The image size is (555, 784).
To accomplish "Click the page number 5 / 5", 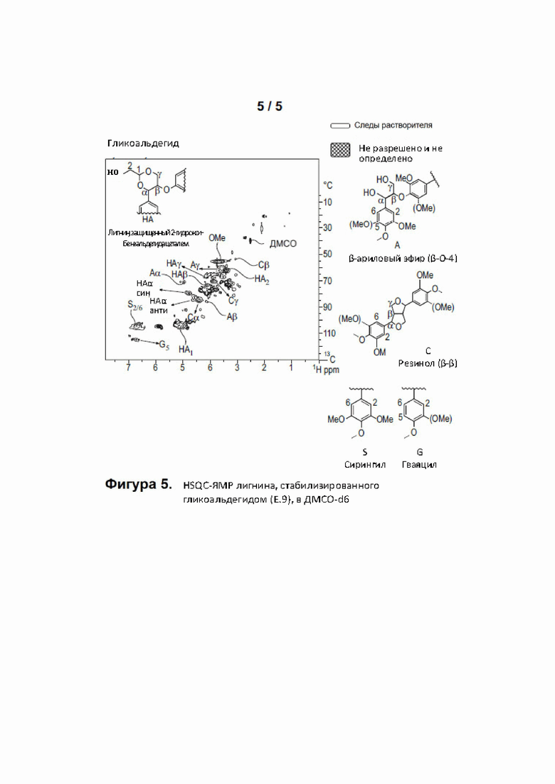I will (x=270, y=106).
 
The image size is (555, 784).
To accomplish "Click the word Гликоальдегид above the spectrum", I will (x=143, y=144).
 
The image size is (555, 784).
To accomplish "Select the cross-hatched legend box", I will (x=340, y=150).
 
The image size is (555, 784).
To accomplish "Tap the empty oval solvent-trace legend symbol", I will (x=340, y=126).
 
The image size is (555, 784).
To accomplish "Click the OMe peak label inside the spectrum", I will (x=217, y=237).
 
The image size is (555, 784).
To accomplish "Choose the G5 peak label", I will (x=164, y=345).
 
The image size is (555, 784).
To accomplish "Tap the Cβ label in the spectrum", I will (x=263, y=264).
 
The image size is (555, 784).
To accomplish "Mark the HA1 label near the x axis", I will (x=185, y=350).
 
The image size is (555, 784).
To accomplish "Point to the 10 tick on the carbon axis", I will (x=328, y=203).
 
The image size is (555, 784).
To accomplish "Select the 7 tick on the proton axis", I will (x=128, y=369).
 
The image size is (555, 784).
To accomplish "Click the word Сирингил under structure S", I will (x=365, y=465).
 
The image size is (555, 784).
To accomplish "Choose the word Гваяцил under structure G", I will (x=419, y=465).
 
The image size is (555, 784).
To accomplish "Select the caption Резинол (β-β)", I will (x=428, y=363).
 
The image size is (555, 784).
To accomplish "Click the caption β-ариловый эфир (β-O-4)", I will (x=402, y=259).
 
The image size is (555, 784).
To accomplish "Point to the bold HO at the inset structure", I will (x=112, y=171).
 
